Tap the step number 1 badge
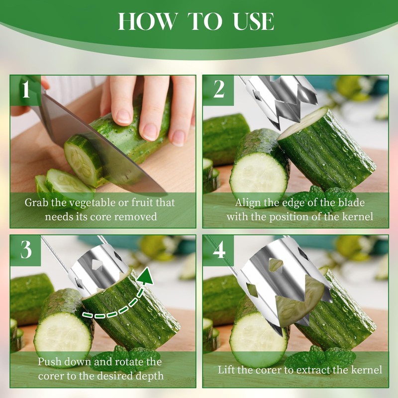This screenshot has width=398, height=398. [26, 90]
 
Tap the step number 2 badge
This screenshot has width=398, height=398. [218, 90]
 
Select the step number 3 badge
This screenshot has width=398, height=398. [26, 250]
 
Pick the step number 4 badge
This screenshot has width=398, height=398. [218, 250]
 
